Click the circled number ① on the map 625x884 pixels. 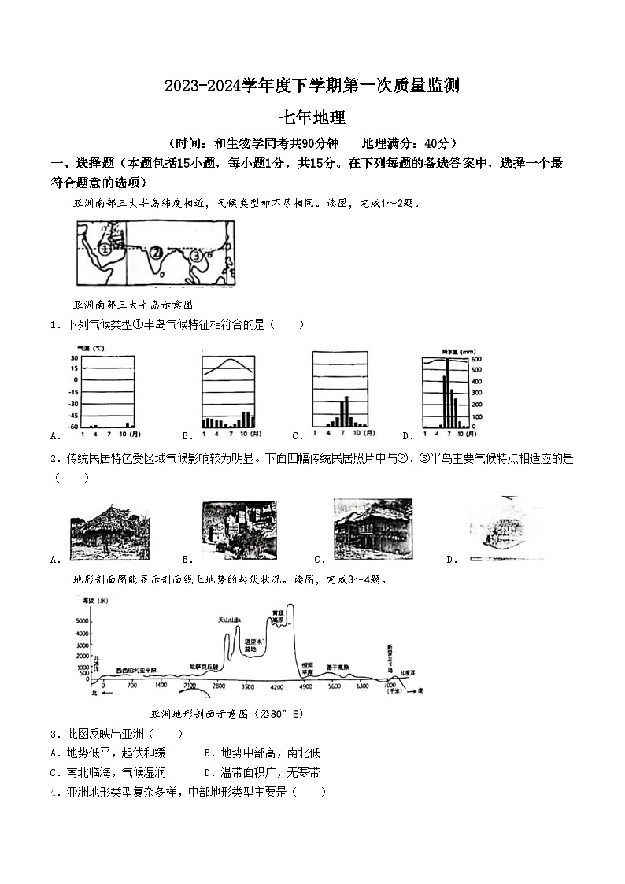click(x=104, y=250)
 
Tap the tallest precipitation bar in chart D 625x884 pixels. click(x=448, y=393)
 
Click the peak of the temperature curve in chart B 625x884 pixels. click(x=228, y=361)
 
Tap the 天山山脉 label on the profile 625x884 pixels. click(x=229, y=620)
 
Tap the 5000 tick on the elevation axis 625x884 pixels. click(x=81, y=621)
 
